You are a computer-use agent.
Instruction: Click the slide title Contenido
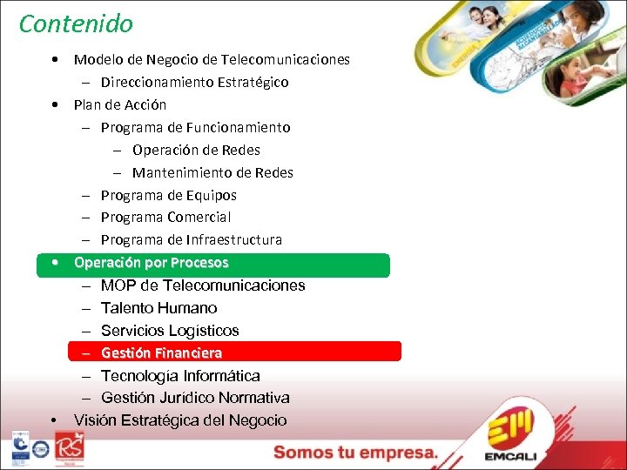click(x=76, y=23)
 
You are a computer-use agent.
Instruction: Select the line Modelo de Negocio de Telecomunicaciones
click(x=212, y=60)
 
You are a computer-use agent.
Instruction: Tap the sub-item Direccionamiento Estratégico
click(x=194, y=83)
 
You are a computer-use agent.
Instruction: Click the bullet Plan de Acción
click(x=120, y=104)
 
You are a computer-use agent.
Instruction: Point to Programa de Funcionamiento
click(x=195, y=127)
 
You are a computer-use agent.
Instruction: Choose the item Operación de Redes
click(x=196, y=150)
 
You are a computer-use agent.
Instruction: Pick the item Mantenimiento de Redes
click(x=212, y=172)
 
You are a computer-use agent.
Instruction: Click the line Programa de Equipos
click(x=168, y=195)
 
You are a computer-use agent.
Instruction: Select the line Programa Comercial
click(x=165, y=217)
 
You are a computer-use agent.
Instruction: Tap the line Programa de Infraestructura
click(x=191, y=239)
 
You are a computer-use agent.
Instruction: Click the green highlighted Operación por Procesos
click(x=152, y=263)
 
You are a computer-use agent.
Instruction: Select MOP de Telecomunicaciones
click(x=203, y=285)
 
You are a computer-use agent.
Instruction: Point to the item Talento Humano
click(x=158, y=308)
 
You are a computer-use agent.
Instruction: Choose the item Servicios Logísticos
click(x=169, y=331)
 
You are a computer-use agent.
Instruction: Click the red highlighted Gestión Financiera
click(x=161, y=353)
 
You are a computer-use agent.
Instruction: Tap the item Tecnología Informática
click(x=180, y=376)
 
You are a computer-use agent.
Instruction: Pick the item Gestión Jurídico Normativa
click(x=195, y=398)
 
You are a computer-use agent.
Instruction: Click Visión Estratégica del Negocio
click(x=180, y=420)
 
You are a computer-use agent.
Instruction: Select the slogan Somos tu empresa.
click(x=355, y=452)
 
